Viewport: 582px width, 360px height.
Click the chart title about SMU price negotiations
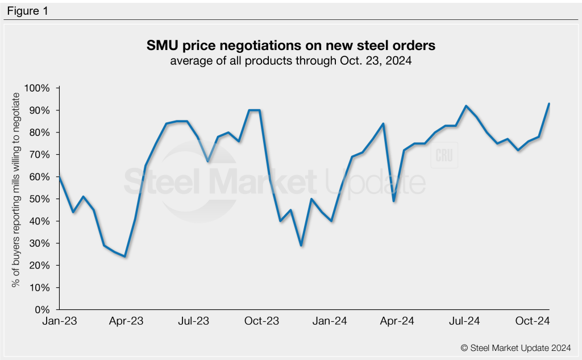(x=290, y=44)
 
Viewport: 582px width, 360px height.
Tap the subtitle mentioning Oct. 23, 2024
(x=290, y=60)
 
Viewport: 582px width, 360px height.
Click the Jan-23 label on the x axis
(x=60, y=321)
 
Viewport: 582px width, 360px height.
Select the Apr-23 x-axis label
(x=126, y=321)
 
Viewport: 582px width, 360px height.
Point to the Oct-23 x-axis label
(x=261, y=321)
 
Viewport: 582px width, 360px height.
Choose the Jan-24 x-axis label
(x=330, y=321)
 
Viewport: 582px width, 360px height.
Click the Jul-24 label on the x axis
(x=464, y=321)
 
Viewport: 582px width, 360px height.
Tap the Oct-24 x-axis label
(x=532, y=321)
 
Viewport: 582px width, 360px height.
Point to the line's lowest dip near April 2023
(x=125, y=256)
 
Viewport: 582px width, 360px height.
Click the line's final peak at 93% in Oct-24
(x=549, y=104)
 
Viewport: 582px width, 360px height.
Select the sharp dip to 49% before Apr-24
(x=394, y=201)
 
